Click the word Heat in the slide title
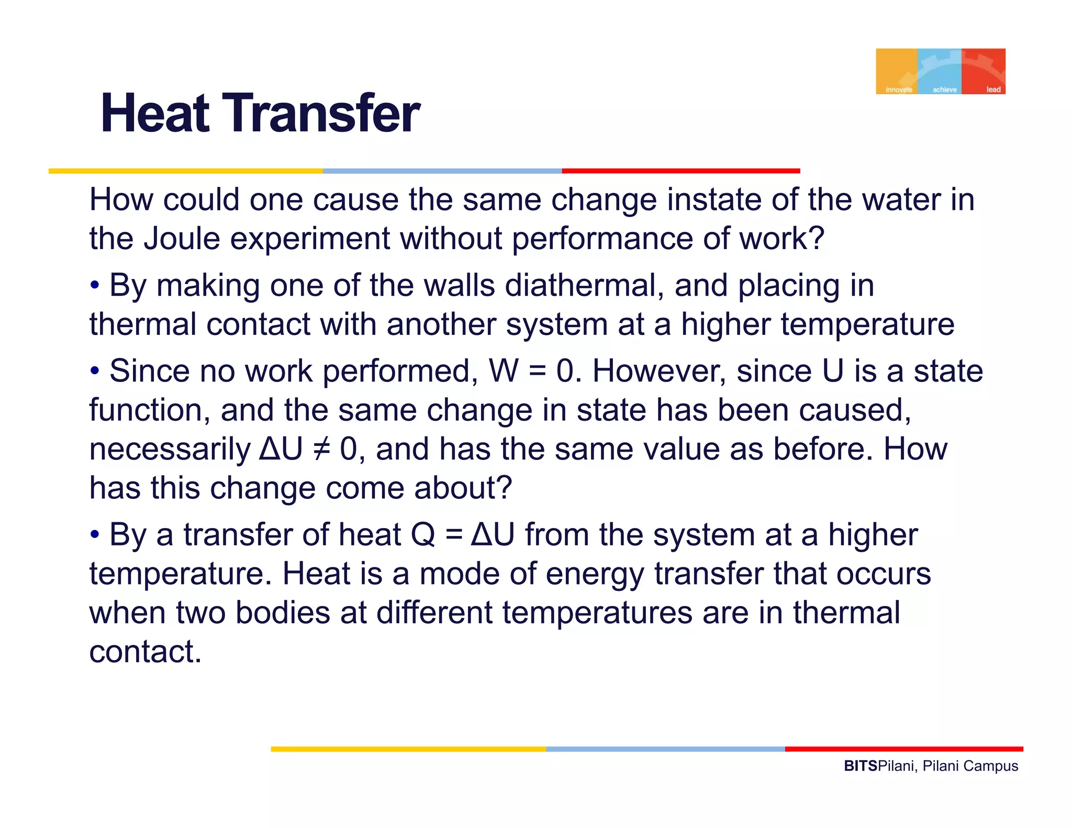click(x=155, y=114)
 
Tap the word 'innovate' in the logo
click(x=898, y=90)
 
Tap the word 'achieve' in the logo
click(x=944, y=90)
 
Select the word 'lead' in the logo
click(x=993, y=90)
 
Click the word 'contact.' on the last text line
click(x=145, y=652)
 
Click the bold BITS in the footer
click(x=860, y=766)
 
